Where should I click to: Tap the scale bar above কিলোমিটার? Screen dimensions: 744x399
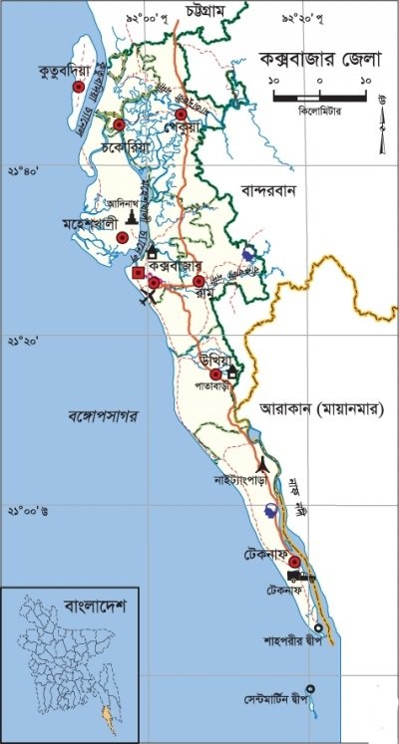pos(320,98)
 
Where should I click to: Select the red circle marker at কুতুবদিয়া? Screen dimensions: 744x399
pos(78,88)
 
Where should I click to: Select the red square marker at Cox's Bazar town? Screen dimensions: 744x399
pos(139,272)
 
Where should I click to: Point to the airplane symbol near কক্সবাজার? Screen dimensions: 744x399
pos(148,300)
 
